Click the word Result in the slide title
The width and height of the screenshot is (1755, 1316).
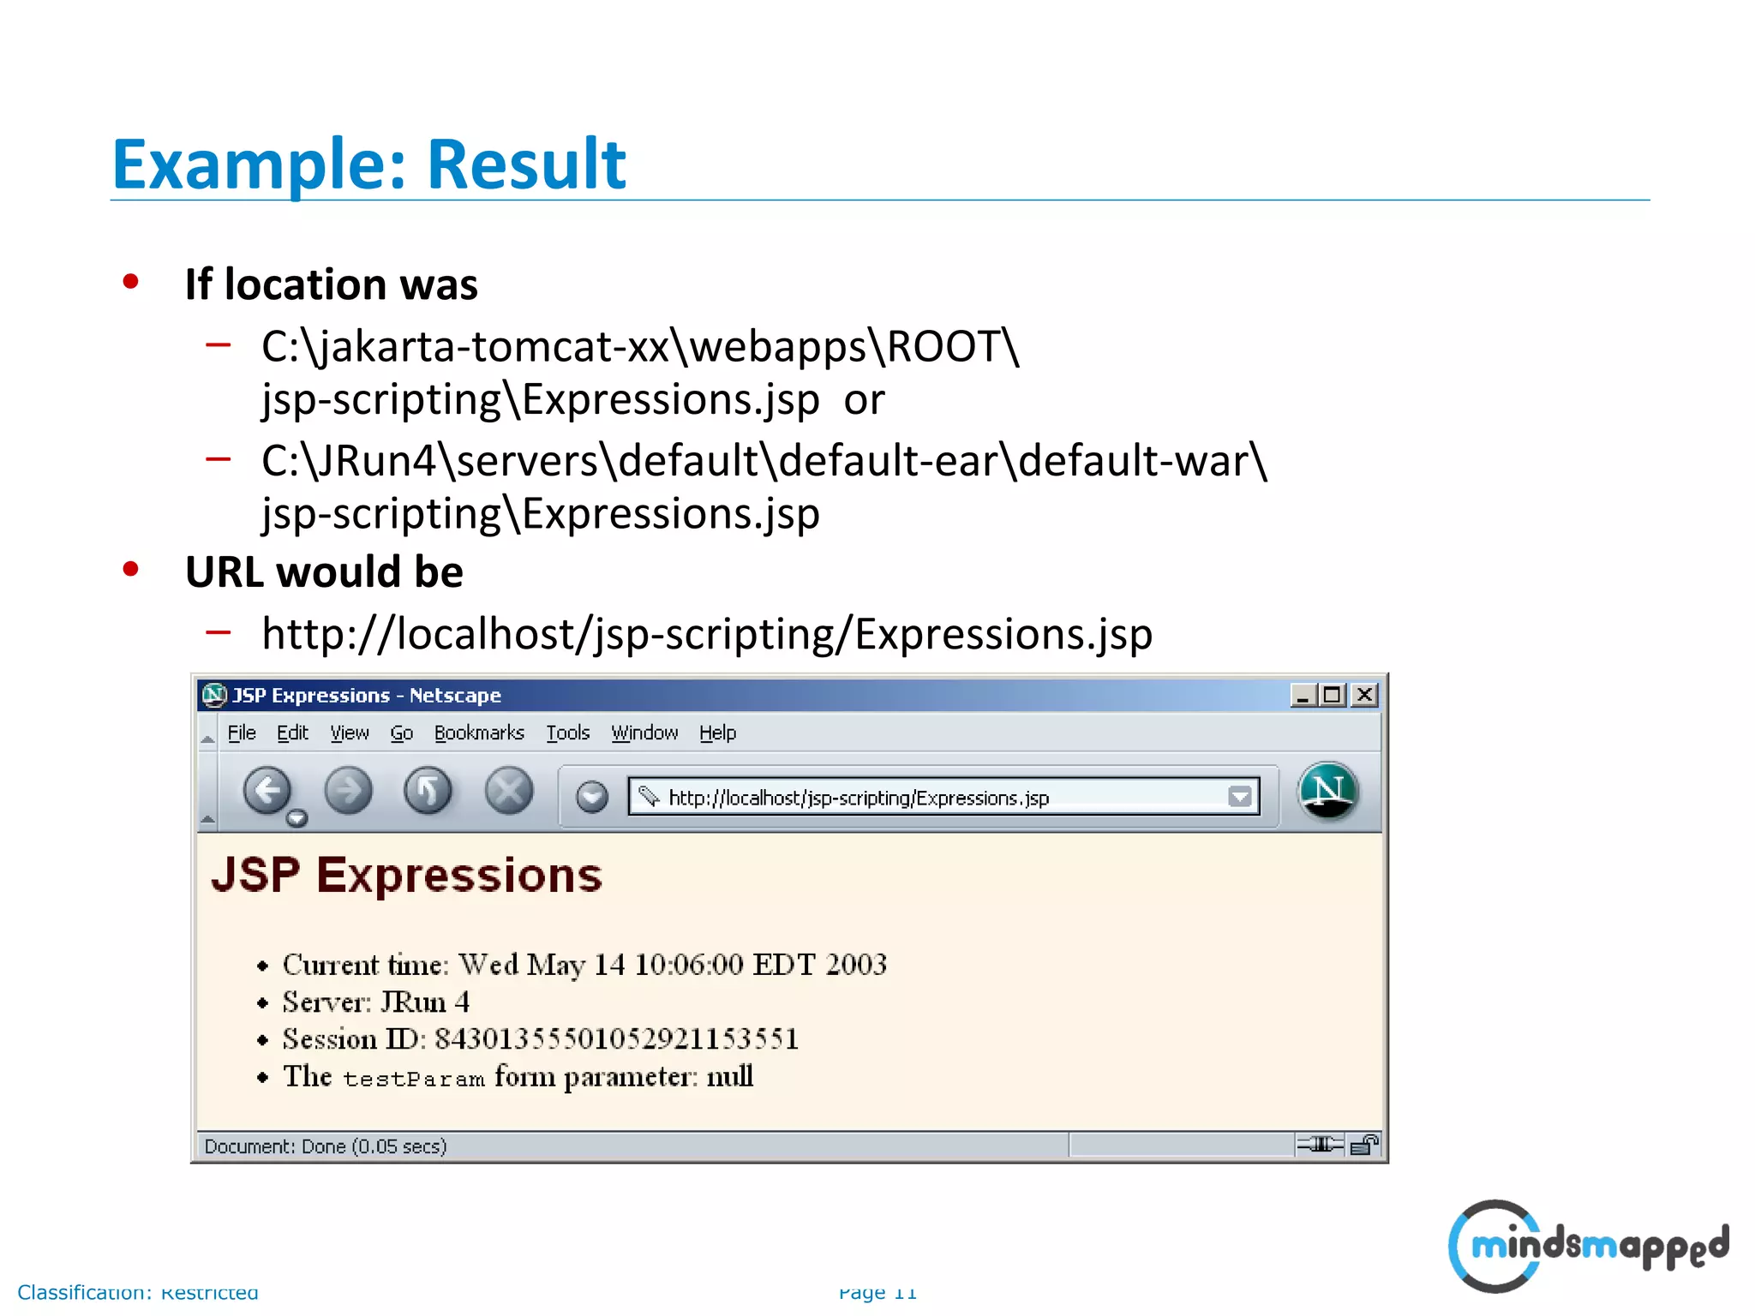coord(526,164)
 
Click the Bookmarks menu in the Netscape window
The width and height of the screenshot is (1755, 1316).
coord(479,733)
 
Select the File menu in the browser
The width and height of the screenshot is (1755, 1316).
coord(242,733)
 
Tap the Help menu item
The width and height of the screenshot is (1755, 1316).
coord(717,733)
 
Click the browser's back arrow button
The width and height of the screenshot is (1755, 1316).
coord(267,791)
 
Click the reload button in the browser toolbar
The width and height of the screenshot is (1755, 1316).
coord(428,791)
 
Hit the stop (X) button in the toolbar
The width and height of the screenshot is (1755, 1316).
coord(509,791)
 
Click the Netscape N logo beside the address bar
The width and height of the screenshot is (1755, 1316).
coord(1327,791)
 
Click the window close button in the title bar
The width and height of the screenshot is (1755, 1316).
coord(1364,695)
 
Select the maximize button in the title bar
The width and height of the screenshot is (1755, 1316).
coord(1333,695)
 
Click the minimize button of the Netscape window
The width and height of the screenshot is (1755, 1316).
coord(1303,695)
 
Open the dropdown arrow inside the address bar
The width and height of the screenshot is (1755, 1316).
coord(1239,798)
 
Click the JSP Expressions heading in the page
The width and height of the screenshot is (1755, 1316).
coord(407,876)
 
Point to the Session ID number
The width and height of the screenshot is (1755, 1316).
coord(616,1039)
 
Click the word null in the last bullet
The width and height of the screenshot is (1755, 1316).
coord(729,1076)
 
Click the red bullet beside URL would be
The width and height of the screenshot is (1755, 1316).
coord(131,569)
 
